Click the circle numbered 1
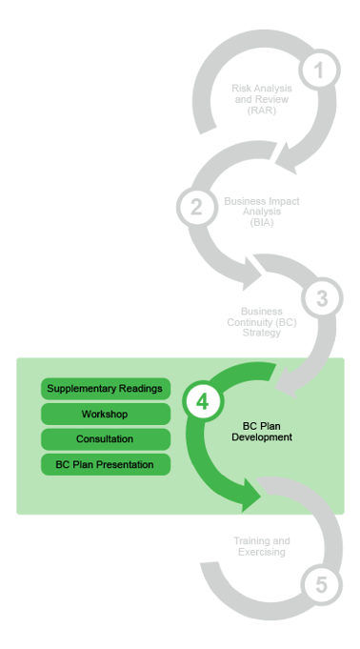pos(319,70)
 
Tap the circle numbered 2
pos(197,207)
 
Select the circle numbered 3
pos(322,298)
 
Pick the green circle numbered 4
pos(203,401)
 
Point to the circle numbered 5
pos(322,585)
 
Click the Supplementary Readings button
pos(106,389)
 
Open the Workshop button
pos(106,414)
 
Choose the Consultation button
pos(106,439)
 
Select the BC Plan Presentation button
pos(106,464)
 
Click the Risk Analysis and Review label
pos(262,99)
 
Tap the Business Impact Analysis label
pos(262,212)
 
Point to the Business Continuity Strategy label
pos(262,322)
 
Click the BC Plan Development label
pos(262,432)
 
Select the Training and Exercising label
pos(262,546)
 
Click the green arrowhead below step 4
pos(250,495)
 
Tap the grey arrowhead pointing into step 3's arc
pos(250,274)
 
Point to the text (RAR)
pos(262,111)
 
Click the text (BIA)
pos(262,222)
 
